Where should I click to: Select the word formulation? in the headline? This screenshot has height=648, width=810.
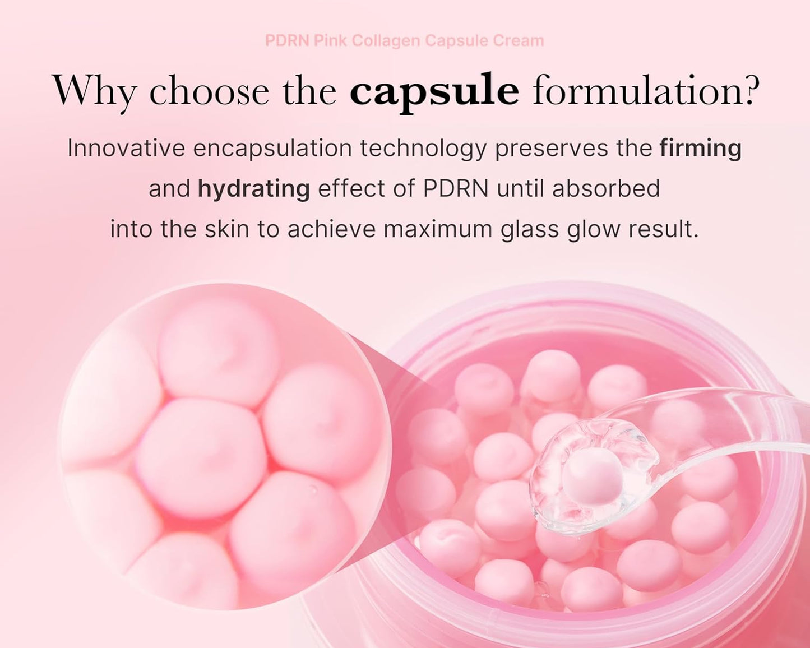(x=646, y=90)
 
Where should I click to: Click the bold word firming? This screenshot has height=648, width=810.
(x=700, y=149)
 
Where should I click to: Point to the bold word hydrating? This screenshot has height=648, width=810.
(x=253, y=189)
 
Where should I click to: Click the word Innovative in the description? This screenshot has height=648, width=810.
(x=126, y=149)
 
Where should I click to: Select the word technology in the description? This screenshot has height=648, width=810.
(x=423, y=149)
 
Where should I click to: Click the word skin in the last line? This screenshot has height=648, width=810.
(x=226, y=229)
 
